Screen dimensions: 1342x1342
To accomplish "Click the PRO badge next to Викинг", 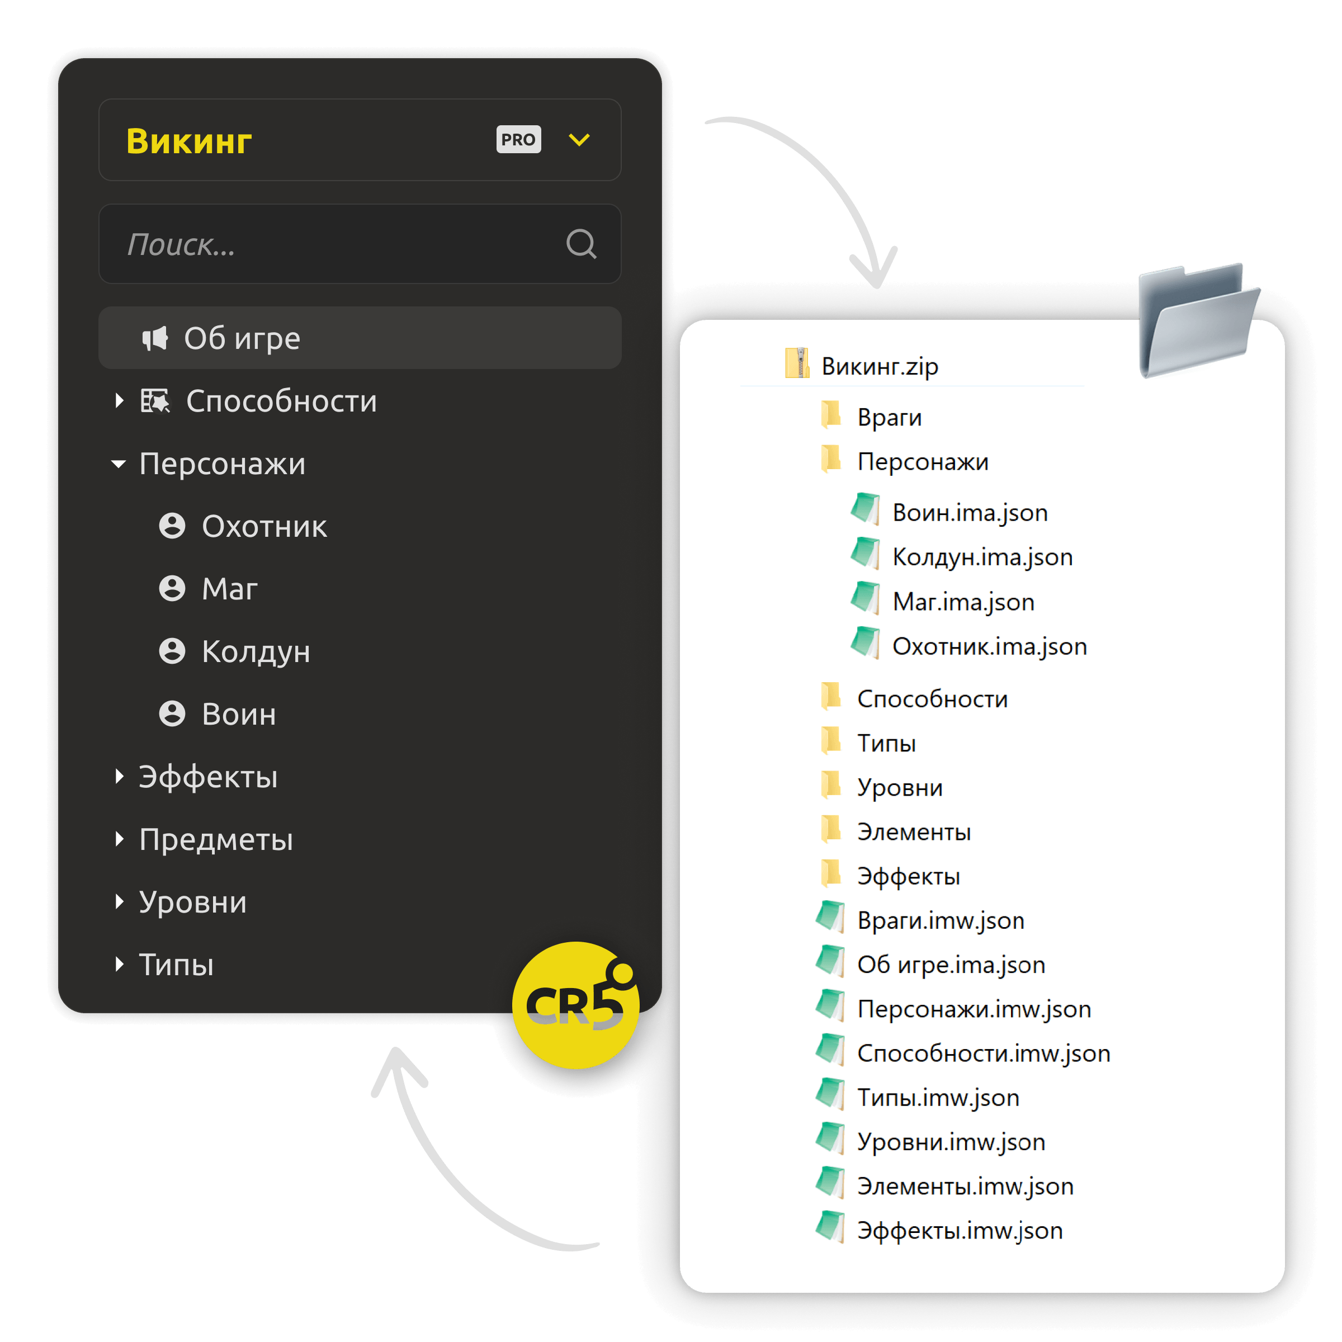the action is [518, 140].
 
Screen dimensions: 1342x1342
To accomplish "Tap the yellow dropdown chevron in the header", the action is [579, 140].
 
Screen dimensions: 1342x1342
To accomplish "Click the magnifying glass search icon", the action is [582, 244].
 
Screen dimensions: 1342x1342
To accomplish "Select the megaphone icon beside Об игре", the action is [155, 338].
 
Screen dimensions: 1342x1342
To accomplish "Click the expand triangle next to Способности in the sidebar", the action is [120, 401].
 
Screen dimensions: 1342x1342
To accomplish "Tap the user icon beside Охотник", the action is [172, 526].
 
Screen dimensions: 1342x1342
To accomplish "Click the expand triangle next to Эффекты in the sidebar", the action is [120, 777].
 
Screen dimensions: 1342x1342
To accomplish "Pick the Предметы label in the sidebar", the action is [216, 840].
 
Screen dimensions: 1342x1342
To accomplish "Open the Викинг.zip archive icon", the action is [798, 363].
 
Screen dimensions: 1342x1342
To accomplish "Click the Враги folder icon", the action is [831, 415].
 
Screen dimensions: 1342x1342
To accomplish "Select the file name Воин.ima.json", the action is [970, 513].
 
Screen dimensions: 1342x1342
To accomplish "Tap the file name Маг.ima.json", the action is [963, 602].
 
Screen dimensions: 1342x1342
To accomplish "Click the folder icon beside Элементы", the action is [831, 830].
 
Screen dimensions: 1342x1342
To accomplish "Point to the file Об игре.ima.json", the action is [951, 965].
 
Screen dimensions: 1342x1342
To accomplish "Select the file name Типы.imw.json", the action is [938, 1098].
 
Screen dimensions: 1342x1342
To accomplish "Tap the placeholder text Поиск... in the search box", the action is [181, 244].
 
